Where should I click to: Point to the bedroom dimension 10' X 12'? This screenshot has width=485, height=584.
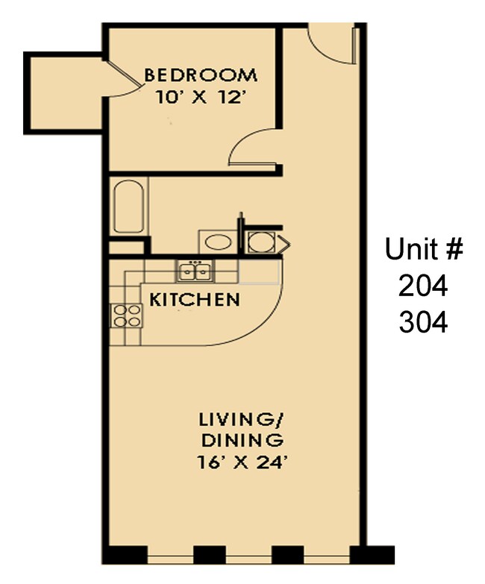[x=200, y=97]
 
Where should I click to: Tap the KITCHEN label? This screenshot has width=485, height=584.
[x=195, y=301]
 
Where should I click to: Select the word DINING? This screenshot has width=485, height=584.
[x=240, y=439]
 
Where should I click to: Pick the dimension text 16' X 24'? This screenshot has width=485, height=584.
[x=242, y=462]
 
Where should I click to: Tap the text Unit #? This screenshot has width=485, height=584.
[x=423, y=249]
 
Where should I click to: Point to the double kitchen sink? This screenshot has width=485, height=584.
[x=195, y=271]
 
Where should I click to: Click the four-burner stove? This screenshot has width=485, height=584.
[x=126, y=316]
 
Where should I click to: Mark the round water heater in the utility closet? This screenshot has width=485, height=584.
[x=261, y=242]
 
